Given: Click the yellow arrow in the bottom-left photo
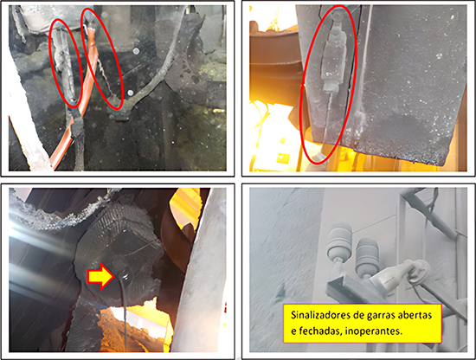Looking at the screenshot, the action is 100,276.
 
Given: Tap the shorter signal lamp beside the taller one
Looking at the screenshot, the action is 367,257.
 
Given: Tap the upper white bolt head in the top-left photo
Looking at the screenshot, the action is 136,51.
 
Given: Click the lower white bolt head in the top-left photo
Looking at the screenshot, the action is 131,93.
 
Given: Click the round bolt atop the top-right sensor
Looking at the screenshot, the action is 336,16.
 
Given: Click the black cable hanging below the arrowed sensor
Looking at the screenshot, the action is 124,316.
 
